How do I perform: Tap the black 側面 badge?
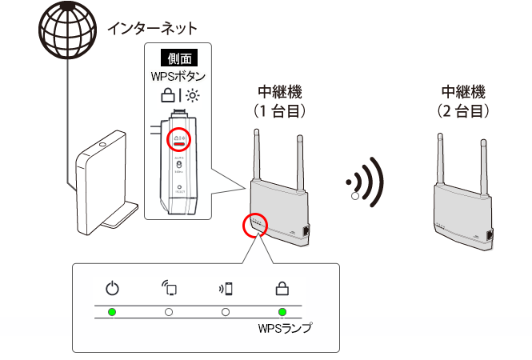click(x=178, y=58)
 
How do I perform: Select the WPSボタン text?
click(x=178, y=77)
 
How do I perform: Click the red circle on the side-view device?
click(x=178, y=139)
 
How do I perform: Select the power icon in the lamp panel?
click(x=112, y=289)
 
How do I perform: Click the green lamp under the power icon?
click(x=112, y=311)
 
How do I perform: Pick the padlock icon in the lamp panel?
click(x=282, y=289)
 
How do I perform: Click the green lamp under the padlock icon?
click(x=282, y=311)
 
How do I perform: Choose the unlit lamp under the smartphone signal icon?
click(x=226, y=311)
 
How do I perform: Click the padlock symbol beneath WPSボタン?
click(x=166, y=96)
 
